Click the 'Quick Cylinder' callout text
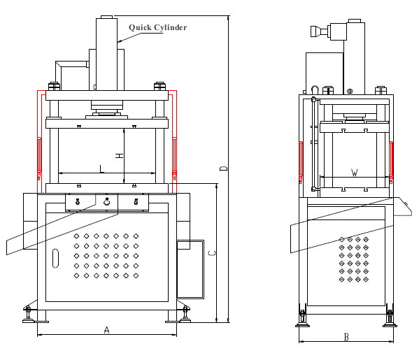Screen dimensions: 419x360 coord(157,27)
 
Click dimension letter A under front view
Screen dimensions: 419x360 coord(106,330)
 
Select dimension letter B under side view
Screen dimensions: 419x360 coord(346,337)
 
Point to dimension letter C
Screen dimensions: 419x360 coord(212,253)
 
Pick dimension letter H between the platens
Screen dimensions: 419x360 coord(120,155)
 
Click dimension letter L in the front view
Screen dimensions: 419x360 coord(102,168)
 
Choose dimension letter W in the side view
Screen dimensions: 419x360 coord(355,173)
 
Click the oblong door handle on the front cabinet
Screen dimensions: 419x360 coord(55,258)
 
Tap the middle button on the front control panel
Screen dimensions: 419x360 coord(106,202)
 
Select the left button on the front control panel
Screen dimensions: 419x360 coord(78,201)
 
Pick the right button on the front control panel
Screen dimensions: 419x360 coord(136,201)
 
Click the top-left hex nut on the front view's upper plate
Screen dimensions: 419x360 coord(54,86)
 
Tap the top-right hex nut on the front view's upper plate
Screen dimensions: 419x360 coord(159,86)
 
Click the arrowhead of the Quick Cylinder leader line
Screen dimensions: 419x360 coord(119,41)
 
